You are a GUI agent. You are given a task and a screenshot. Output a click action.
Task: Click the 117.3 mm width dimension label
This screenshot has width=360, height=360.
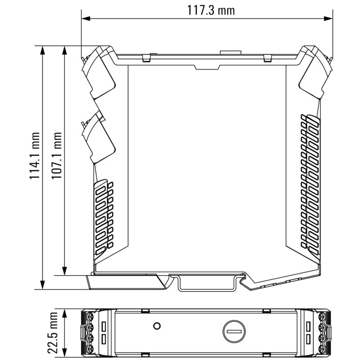click(211, 10)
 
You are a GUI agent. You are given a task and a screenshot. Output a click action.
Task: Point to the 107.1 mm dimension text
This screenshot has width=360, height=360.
click(57, 156)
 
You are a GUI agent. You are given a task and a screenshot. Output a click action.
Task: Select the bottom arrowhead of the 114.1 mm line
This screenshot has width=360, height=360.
click(43, 287)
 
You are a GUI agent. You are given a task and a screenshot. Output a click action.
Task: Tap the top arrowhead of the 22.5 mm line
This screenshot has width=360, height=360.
click(65, 312)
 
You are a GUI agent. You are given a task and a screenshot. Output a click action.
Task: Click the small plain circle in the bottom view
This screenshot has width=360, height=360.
click(157, 325)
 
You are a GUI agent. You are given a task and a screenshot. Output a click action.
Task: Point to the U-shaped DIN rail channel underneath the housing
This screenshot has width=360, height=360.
click(207, 283)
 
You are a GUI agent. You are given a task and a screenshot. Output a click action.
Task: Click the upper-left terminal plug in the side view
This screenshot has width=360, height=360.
click(99, 72)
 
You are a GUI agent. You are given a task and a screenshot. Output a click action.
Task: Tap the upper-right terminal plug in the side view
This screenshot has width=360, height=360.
click(315, 72)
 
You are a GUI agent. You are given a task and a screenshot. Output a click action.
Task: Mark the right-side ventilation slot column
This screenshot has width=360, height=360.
click(310, 182)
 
